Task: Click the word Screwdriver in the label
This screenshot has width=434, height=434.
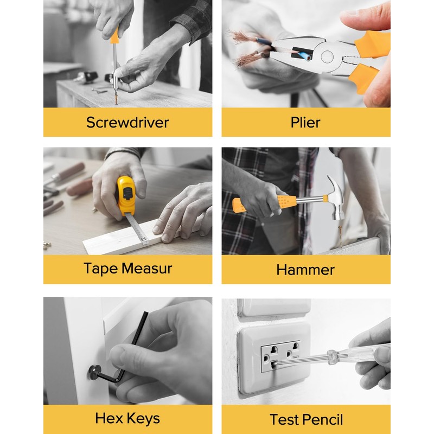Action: pos(127,122)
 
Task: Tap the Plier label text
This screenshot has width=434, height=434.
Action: pos(306,122)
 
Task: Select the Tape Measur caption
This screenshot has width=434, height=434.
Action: pos(127,269)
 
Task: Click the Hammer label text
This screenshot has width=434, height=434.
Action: pos(305,270)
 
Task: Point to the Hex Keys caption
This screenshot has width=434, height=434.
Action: pos(127,418)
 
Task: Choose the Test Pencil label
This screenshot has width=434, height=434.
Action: pos(306,419)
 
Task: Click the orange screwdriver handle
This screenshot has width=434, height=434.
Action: pos(114,36)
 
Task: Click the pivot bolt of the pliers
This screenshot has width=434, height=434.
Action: pos(327,56)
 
